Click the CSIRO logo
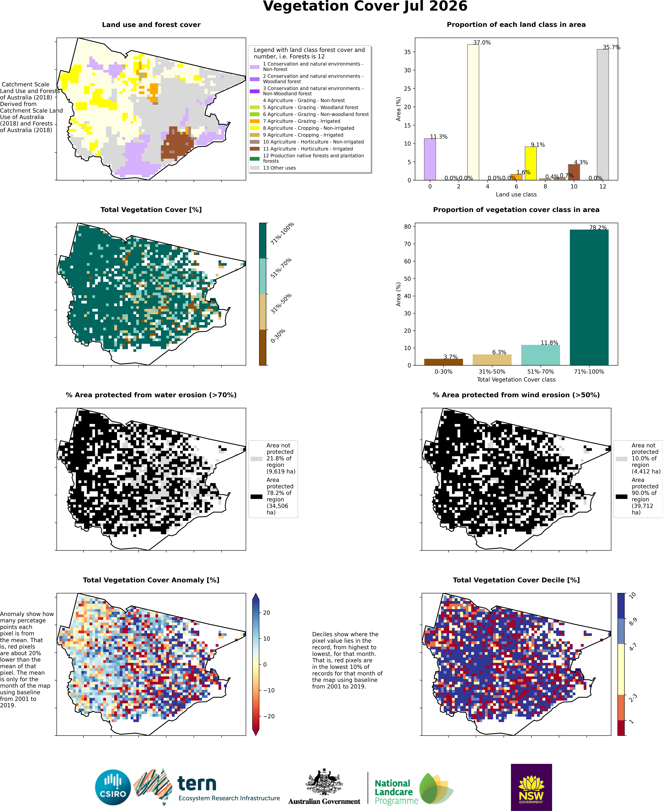[113, 788]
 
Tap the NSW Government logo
[531, 787]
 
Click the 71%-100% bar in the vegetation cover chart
[589, 297]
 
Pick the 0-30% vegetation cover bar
[443, 362]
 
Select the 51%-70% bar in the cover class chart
[540, 355]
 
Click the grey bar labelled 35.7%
[603, 115]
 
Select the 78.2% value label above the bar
[598, 227]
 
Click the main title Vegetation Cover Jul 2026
[365, 6]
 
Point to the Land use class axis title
[516, 195]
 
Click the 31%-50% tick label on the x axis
[492, 371]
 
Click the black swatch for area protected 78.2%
[256, 497]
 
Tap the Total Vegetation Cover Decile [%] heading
[516, 580]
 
